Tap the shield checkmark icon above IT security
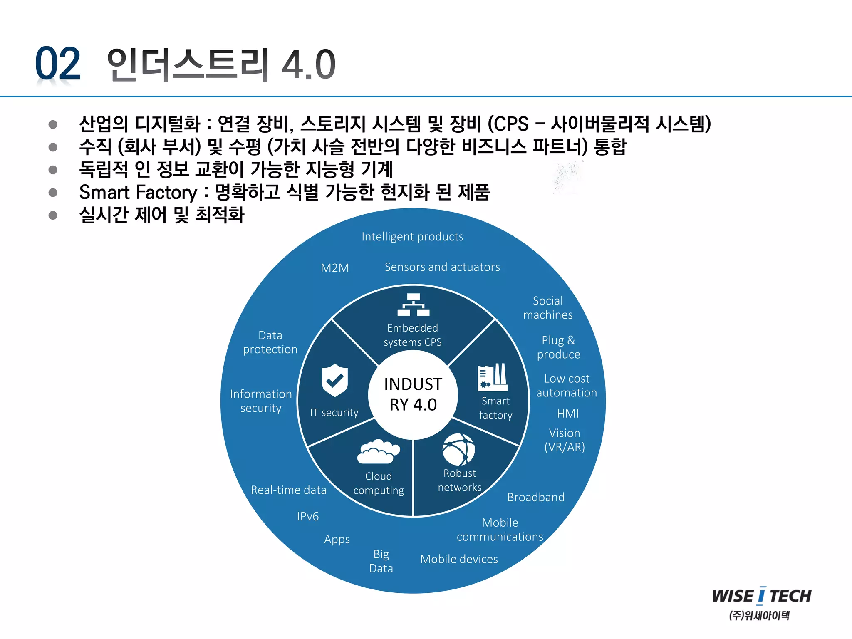coord(334,379)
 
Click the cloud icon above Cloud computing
coord(378,451)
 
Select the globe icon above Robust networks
coord(458,450)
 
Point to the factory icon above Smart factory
coord(493,377)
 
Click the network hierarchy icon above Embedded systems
coord(413,305)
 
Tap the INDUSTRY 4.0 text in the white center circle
coord(413,394)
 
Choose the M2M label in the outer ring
coord(335,268)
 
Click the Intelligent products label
coord(412,237)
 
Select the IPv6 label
coord(308,516)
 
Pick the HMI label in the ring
coord(568,414)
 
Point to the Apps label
coord(337,540)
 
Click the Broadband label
coord(536,497)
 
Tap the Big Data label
coord(381,561)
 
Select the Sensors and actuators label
coord(442,267)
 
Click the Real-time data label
coord(289,490)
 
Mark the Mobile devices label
coord(459,559)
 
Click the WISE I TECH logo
coord(761,596)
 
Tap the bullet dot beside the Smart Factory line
coord(53,193)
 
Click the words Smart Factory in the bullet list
coord(138,193)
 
